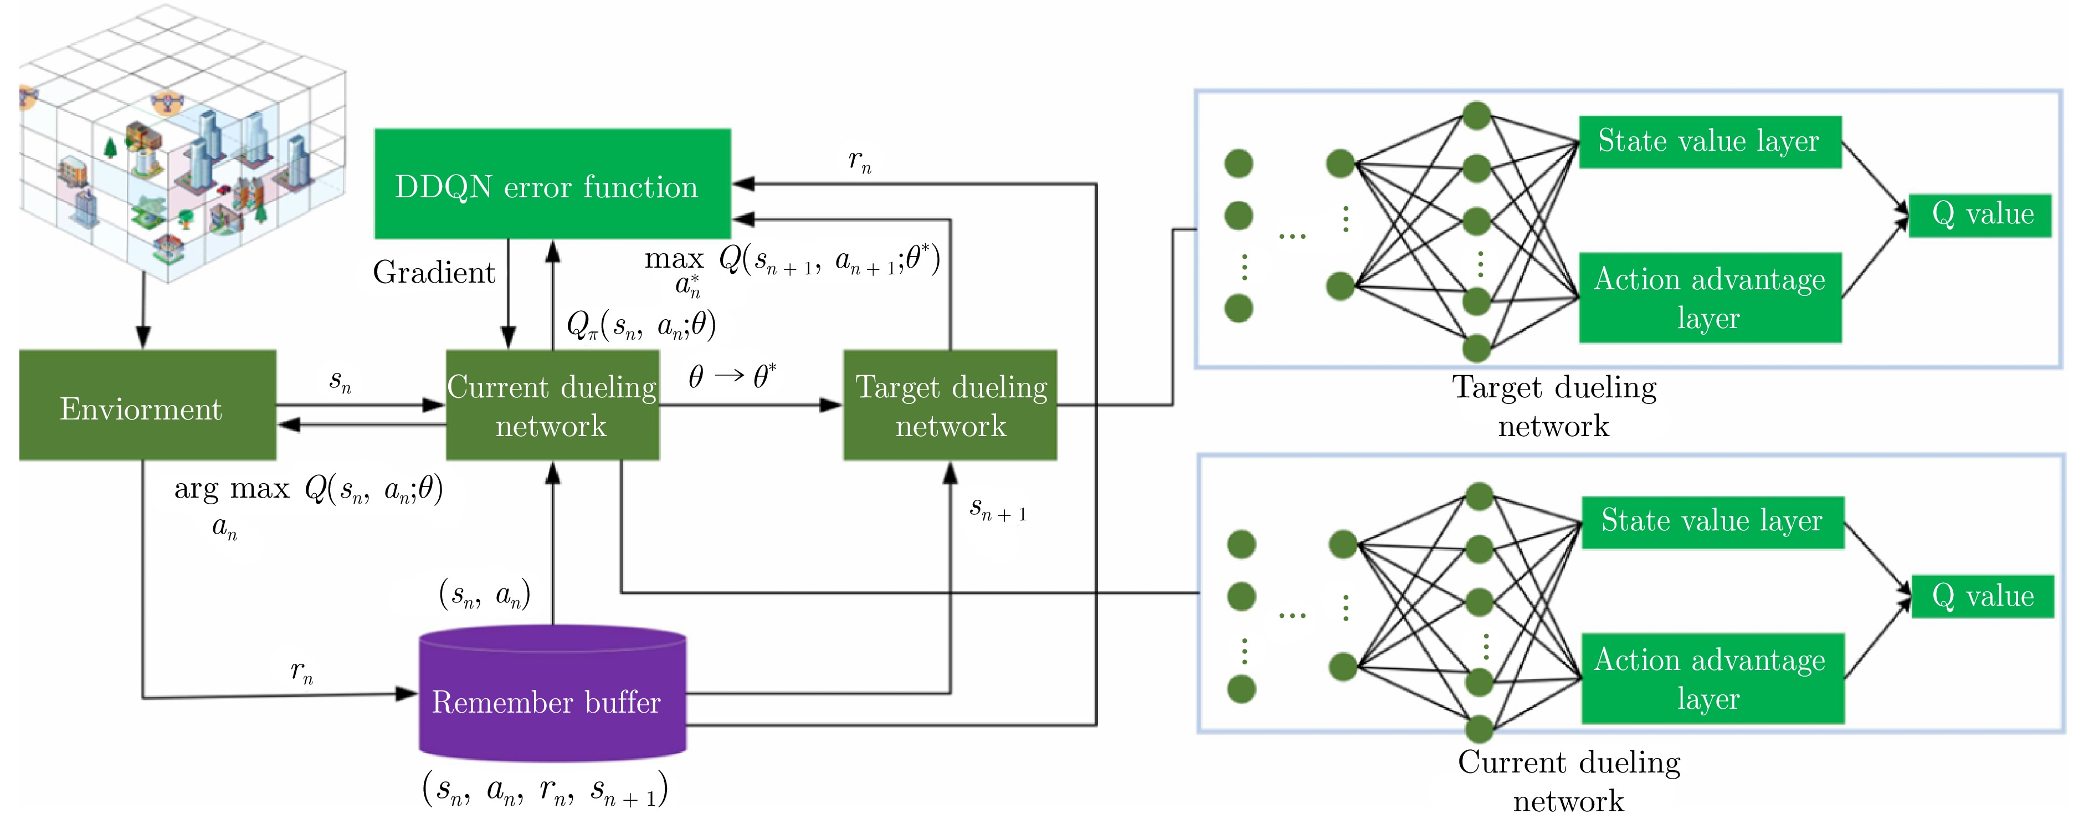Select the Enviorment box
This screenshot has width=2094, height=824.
(147, 405)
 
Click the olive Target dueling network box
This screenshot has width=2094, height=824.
(950, 405)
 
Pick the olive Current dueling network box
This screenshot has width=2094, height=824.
(552, 405)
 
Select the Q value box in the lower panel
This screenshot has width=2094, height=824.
(1982, 596)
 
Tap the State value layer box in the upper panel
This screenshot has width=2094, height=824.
(1708, 141)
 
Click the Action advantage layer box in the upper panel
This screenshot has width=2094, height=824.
(1708, 298)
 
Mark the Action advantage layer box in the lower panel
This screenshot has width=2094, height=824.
(1712, 678)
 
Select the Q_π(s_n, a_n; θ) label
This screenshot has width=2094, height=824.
(640, 325)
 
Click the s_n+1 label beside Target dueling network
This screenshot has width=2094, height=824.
(997, 509)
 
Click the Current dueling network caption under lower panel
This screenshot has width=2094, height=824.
(1569, 781)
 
